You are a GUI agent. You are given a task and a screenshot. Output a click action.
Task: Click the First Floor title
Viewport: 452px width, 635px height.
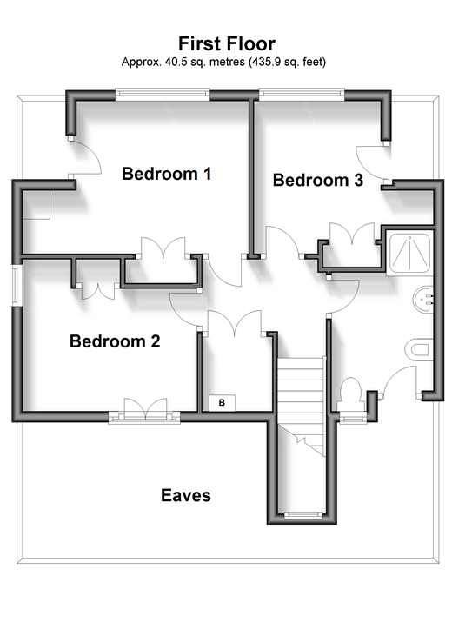coord(227,43)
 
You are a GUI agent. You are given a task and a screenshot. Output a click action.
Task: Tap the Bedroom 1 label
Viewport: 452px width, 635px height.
coord(166,174)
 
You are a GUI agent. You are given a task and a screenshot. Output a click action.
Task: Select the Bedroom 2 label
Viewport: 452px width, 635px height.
coord(115,341)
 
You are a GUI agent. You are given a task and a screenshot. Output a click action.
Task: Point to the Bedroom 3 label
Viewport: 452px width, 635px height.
coord(318,180)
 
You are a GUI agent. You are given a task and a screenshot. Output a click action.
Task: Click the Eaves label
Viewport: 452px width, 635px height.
coord(186,495)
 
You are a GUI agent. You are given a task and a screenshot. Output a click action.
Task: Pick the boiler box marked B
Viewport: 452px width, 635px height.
coord(222,402)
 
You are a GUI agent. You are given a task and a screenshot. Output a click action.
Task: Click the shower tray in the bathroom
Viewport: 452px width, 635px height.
coord(409,253)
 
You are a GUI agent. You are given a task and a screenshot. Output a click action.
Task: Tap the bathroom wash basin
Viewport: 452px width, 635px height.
coord(423,300)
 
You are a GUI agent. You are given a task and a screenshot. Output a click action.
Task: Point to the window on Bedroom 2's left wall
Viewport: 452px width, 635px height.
coord(16,285)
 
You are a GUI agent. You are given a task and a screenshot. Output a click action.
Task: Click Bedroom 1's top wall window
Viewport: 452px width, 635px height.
coord(163,96)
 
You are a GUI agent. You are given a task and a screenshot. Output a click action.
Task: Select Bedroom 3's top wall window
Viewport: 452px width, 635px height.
coord(302,95)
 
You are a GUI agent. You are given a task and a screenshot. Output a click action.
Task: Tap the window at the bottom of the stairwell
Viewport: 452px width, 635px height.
coord(303,515)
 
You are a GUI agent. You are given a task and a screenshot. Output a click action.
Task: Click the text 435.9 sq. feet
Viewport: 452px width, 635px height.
coord(287,62)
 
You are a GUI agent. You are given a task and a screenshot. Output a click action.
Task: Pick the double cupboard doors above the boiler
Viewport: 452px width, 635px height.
coord(235,323)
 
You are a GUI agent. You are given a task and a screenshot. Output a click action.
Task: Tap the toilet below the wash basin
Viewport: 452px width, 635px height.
coord(418,350)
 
